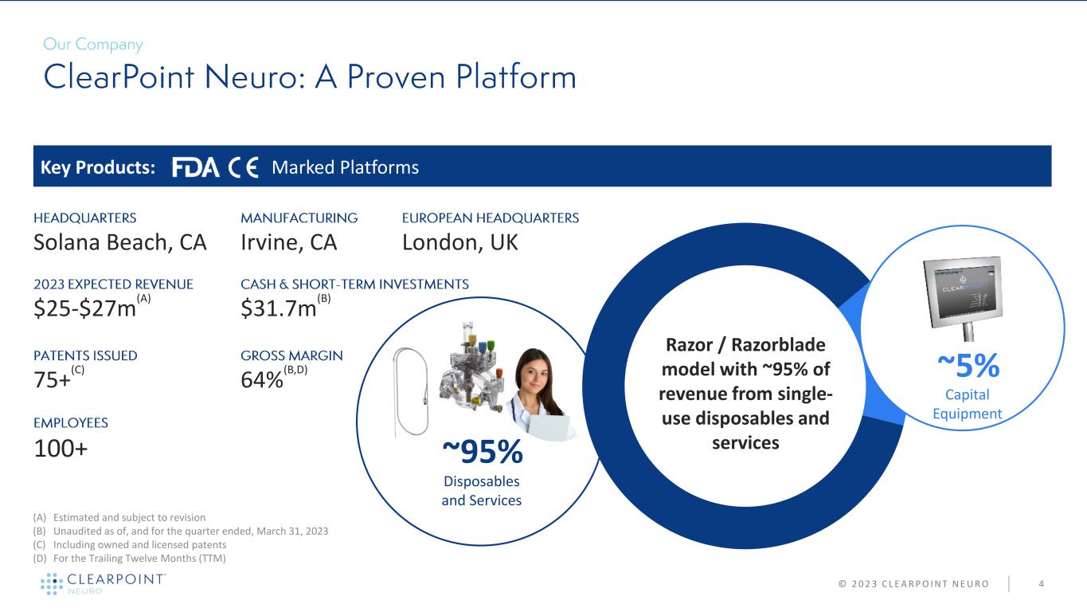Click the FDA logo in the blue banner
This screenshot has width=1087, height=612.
tap(195, 167)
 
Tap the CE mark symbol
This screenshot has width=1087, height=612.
tap(243, 167)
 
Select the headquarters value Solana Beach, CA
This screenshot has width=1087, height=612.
tap(120, 242)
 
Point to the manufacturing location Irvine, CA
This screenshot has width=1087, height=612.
tap(289, 242)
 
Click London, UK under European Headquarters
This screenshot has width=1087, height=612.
tap(460, 242)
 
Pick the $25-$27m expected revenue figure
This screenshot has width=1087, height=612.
tap(85, 308)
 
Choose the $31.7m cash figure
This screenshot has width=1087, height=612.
tap(279, 308)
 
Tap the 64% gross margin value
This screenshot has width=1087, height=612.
tap(262, 380)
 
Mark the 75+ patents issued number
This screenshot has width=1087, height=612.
tap(52, 380)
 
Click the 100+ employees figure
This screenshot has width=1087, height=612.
tap(61, 449)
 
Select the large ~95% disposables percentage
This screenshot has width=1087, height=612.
tap(483, 452)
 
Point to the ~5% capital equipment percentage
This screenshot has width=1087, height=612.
tap(968, 365)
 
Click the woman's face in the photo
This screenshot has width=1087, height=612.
tap(534, 374)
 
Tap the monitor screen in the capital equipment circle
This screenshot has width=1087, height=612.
tap(964, 292)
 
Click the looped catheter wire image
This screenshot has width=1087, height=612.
tap(411, 392)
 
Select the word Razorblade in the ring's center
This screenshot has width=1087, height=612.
tap(778, 345)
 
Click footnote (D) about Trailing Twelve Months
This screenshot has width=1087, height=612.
tap(130, 559)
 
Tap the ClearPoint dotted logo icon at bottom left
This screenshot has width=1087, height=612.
tap(52, 583)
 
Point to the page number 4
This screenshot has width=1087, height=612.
tap(1042, 584)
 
